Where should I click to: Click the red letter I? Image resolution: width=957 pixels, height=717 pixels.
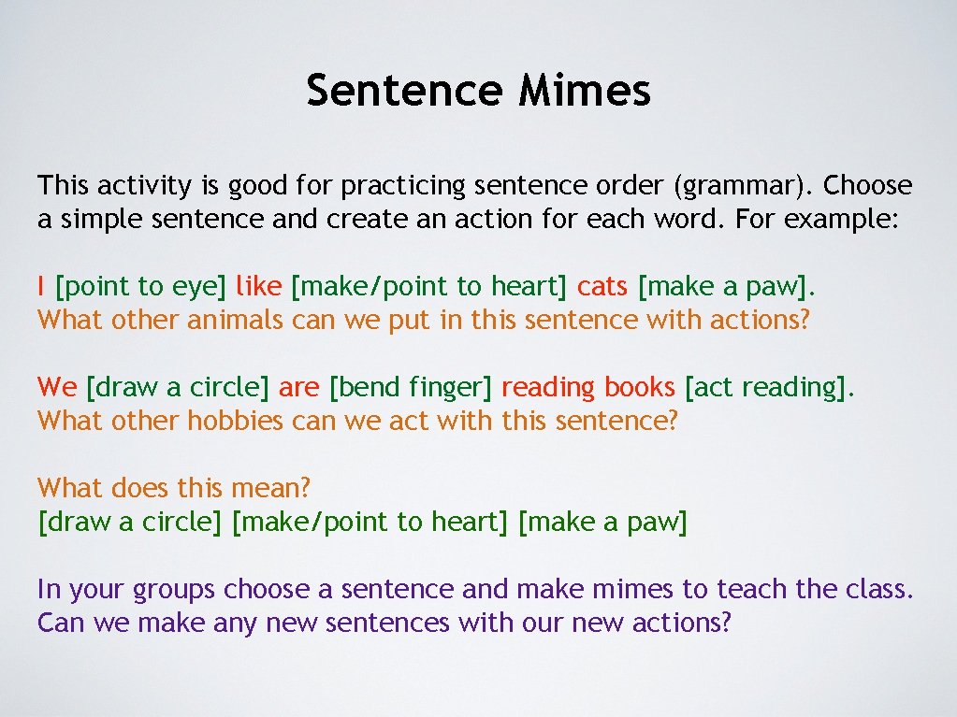click(x=42, y=284)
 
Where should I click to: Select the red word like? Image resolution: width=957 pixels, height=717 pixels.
click(x=258, y=284)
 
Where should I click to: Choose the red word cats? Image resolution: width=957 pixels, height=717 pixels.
click(x=602, y=284)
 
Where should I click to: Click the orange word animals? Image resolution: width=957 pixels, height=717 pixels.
click(x=235, y=320)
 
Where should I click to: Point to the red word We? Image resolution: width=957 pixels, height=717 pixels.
click(x=57, y=385)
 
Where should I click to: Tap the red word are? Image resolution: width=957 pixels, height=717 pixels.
click(x=298, y=385)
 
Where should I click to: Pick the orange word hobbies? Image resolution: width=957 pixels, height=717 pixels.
click(x=235, y=421)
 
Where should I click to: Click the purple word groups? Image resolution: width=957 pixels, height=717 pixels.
click(x=174, y=590)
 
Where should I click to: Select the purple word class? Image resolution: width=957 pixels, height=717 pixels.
click(x=877, y=589)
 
